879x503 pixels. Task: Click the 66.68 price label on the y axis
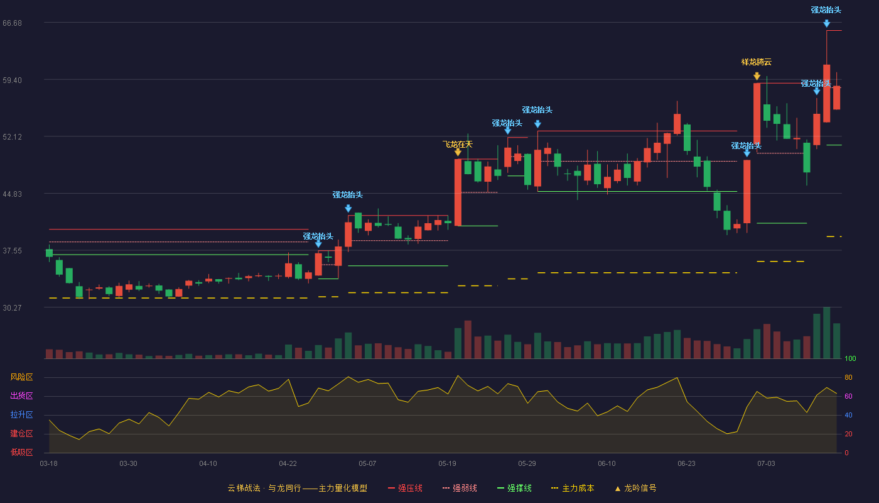12,23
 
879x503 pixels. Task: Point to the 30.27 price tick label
12,307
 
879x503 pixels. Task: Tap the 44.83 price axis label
12,194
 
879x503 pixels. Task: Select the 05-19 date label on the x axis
447,464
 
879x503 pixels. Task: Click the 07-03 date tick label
766,464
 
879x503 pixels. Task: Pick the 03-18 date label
49,464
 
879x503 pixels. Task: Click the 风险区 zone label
21,377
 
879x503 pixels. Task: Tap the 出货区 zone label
21,395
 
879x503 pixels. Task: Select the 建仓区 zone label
21,433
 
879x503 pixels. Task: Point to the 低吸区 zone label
21,452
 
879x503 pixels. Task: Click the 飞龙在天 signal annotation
458,145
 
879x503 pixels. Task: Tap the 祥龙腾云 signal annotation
756,62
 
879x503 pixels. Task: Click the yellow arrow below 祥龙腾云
757,76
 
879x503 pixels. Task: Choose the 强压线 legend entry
405,488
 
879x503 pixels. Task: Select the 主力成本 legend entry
573,488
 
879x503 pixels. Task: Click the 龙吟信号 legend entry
635,488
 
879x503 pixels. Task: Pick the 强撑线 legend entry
514,488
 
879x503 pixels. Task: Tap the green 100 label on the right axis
850,358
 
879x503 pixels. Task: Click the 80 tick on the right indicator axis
848,377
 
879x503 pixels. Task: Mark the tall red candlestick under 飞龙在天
458,192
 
